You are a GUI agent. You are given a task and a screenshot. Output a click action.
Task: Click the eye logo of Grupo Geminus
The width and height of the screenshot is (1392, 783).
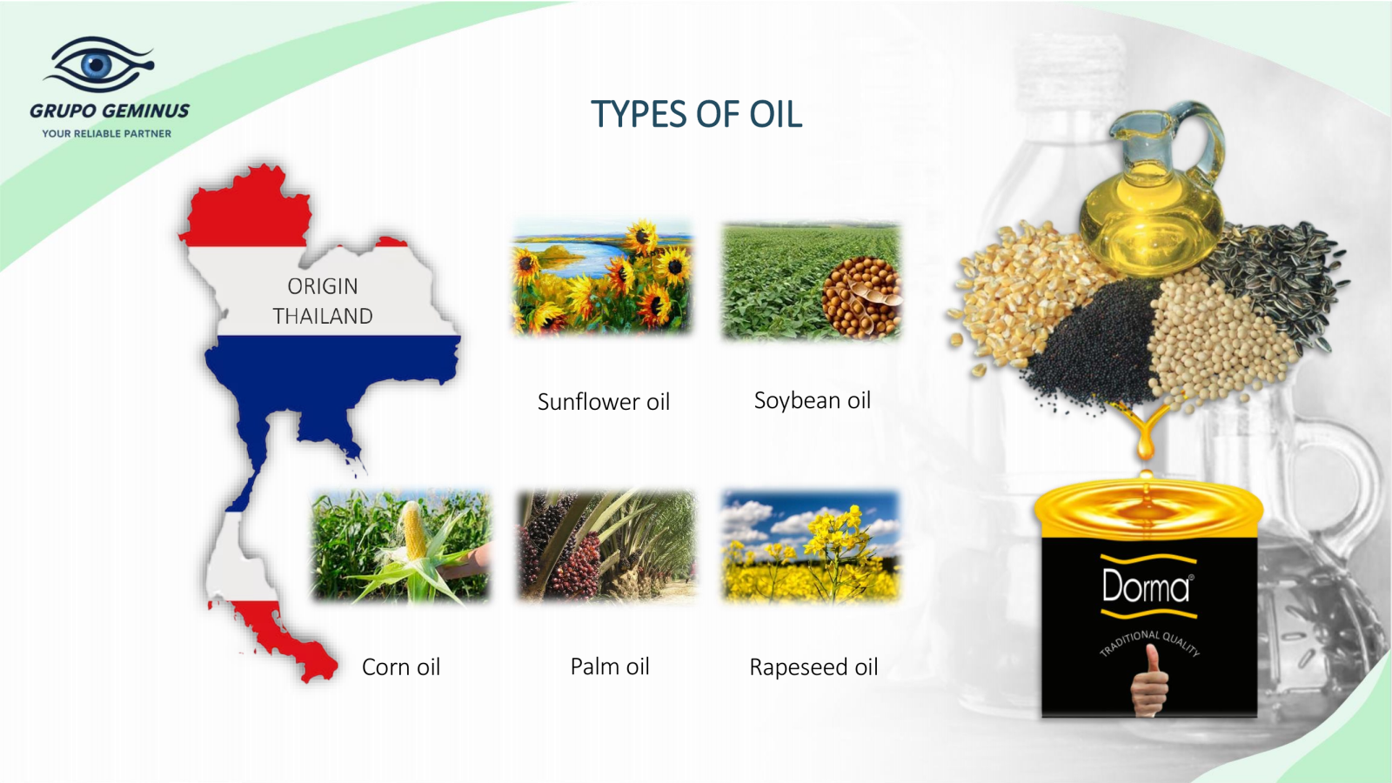[x=98, y=64]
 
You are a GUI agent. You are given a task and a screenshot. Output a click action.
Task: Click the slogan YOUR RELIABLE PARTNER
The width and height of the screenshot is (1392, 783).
[x=106, y=134]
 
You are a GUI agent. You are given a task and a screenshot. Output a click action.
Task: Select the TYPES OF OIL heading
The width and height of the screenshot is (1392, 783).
[x=696, y=114]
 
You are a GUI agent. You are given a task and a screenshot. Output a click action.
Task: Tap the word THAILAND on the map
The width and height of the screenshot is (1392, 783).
[x=323, y=317]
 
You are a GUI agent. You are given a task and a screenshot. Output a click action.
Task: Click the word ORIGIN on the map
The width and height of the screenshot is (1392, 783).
[x=323, y=286]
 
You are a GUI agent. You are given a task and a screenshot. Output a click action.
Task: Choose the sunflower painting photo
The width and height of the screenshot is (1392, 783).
[x=601, y=278]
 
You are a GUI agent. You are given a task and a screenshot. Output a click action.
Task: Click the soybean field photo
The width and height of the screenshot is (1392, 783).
[x=811, y=282]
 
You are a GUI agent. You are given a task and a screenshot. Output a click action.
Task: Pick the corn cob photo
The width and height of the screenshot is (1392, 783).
[x=401, y=546]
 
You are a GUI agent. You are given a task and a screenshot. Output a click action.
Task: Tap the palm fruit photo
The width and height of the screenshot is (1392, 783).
[x=607, y=546]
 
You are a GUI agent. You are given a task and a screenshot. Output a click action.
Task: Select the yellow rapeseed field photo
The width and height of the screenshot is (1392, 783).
[x=811, y=547]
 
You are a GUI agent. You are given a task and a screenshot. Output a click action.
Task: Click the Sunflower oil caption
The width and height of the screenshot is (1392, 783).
[x=604, y=402]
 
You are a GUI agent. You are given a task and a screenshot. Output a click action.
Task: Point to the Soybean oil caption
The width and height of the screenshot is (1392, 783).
[x=813, y=401]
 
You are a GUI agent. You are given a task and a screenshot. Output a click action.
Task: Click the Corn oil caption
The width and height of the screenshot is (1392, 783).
[x=401, y=667]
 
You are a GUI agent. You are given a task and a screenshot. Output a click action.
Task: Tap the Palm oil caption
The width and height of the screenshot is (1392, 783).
[x=610, y=666]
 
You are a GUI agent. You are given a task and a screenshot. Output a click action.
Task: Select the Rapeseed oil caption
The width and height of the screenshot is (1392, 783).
[x=813, y=667]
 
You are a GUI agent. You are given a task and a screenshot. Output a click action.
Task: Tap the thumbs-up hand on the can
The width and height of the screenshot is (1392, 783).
[x=1149, y=680]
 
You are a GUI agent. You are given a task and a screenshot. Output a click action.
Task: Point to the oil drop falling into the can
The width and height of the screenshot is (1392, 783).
[x=1145, y=446]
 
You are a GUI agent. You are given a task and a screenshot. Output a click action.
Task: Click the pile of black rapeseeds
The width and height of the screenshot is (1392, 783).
[x=1094, y=348]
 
